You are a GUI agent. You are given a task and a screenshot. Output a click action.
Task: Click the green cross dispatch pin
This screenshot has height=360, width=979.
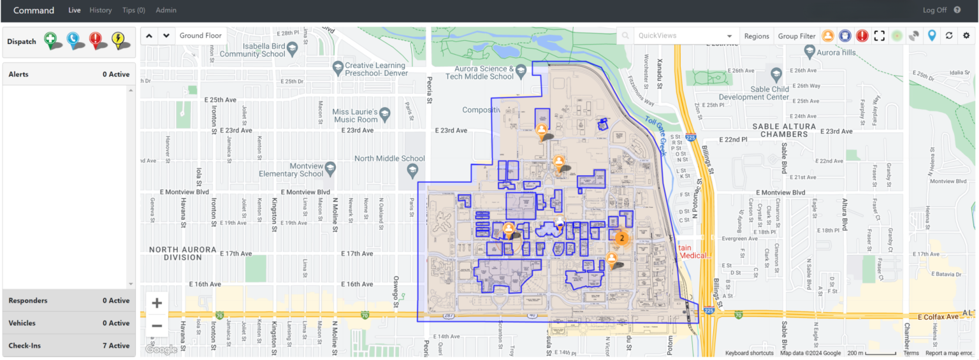51,40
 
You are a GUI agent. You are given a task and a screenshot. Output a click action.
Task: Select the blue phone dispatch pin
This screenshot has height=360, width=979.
73,40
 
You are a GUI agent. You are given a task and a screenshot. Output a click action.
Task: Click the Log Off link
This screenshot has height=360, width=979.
934,10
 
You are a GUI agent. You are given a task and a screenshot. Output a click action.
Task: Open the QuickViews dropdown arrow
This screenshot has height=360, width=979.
729,36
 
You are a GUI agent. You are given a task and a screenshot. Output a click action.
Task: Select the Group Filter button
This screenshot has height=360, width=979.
797,36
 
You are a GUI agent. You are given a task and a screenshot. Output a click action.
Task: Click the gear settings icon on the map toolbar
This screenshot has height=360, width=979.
966,36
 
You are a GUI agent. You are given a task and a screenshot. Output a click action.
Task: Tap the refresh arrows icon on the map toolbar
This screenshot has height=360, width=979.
949,36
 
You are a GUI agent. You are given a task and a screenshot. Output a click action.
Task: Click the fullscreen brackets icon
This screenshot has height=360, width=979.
880,36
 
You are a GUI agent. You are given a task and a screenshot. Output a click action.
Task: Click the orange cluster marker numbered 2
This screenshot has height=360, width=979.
621,238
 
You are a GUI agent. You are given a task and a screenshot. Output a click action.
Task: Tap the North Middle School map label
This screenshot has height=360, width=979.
389,159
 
